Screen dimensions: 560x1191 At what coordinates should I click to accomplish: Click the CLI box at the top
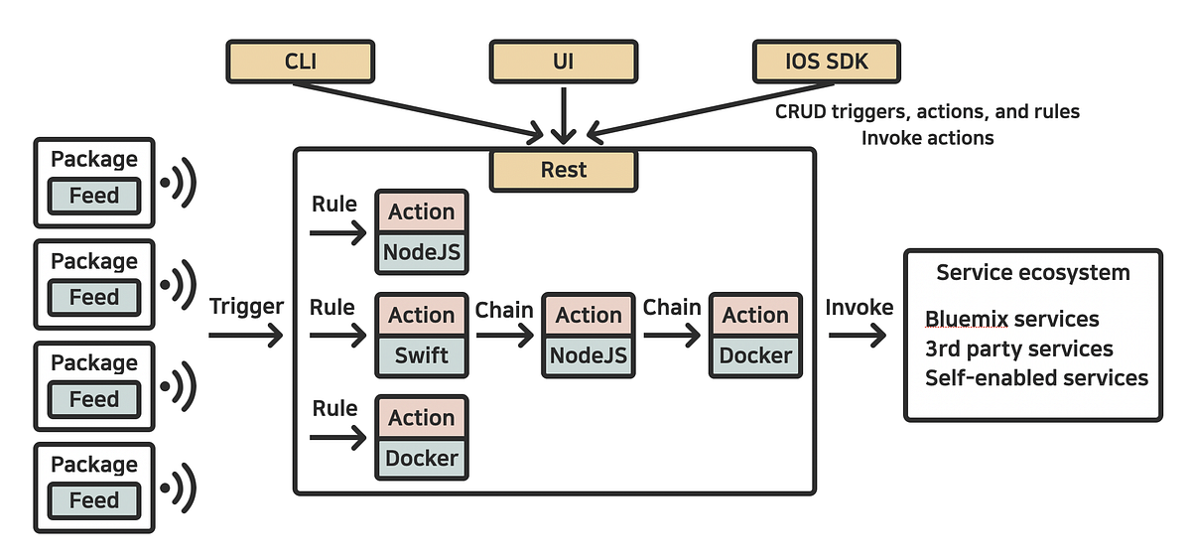pos(300,62)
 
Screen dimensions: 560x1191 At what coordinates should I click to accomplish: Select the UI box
pos(563,62)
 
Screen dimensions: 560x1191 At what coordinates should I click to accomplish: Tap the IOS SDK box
pos(827,62)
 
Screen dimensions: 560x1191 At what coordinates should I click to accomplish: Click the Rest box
pos(563,170)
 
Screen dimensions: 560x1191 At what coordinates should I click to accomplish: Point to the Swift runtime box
pos(422,355)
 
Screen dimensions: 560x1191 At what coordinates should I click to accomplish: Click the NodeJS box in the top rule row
pos(422,252)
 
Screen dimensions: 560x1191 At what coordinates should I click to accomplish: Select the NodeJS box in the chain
pos(589,355)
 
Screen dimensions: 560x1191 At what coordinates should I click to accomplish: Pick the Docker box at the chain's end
pos(755,355)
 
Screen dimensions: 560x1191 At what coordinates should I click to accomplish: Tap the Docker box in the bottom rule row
pos(422,458)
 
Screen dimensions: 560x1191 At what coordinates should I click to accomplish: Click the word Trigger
pos(246,307)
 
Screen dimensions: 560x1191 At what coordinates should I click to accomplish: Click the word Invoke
pos(859,308)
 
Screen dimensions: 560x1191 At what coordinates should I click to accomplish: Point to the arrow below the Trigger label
pos(245,337)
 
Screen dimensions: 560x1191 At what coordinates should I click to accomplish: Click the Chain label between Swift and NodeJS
pos(504,309)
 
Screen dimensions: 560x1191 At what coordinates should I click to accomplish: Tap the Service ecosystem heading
pos(1032,273)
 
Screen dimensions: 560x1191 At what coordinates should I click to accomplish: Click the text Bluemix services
pos(1011,320)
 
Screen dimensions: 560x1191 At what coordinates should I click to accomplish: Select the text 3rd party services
pos(1018,350)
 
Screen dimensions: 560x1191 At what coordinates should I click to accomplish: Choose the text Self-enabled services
pos(1036,378)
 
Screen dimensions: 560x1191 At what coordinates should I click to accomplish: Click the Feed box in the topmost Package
pos(94,196)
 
